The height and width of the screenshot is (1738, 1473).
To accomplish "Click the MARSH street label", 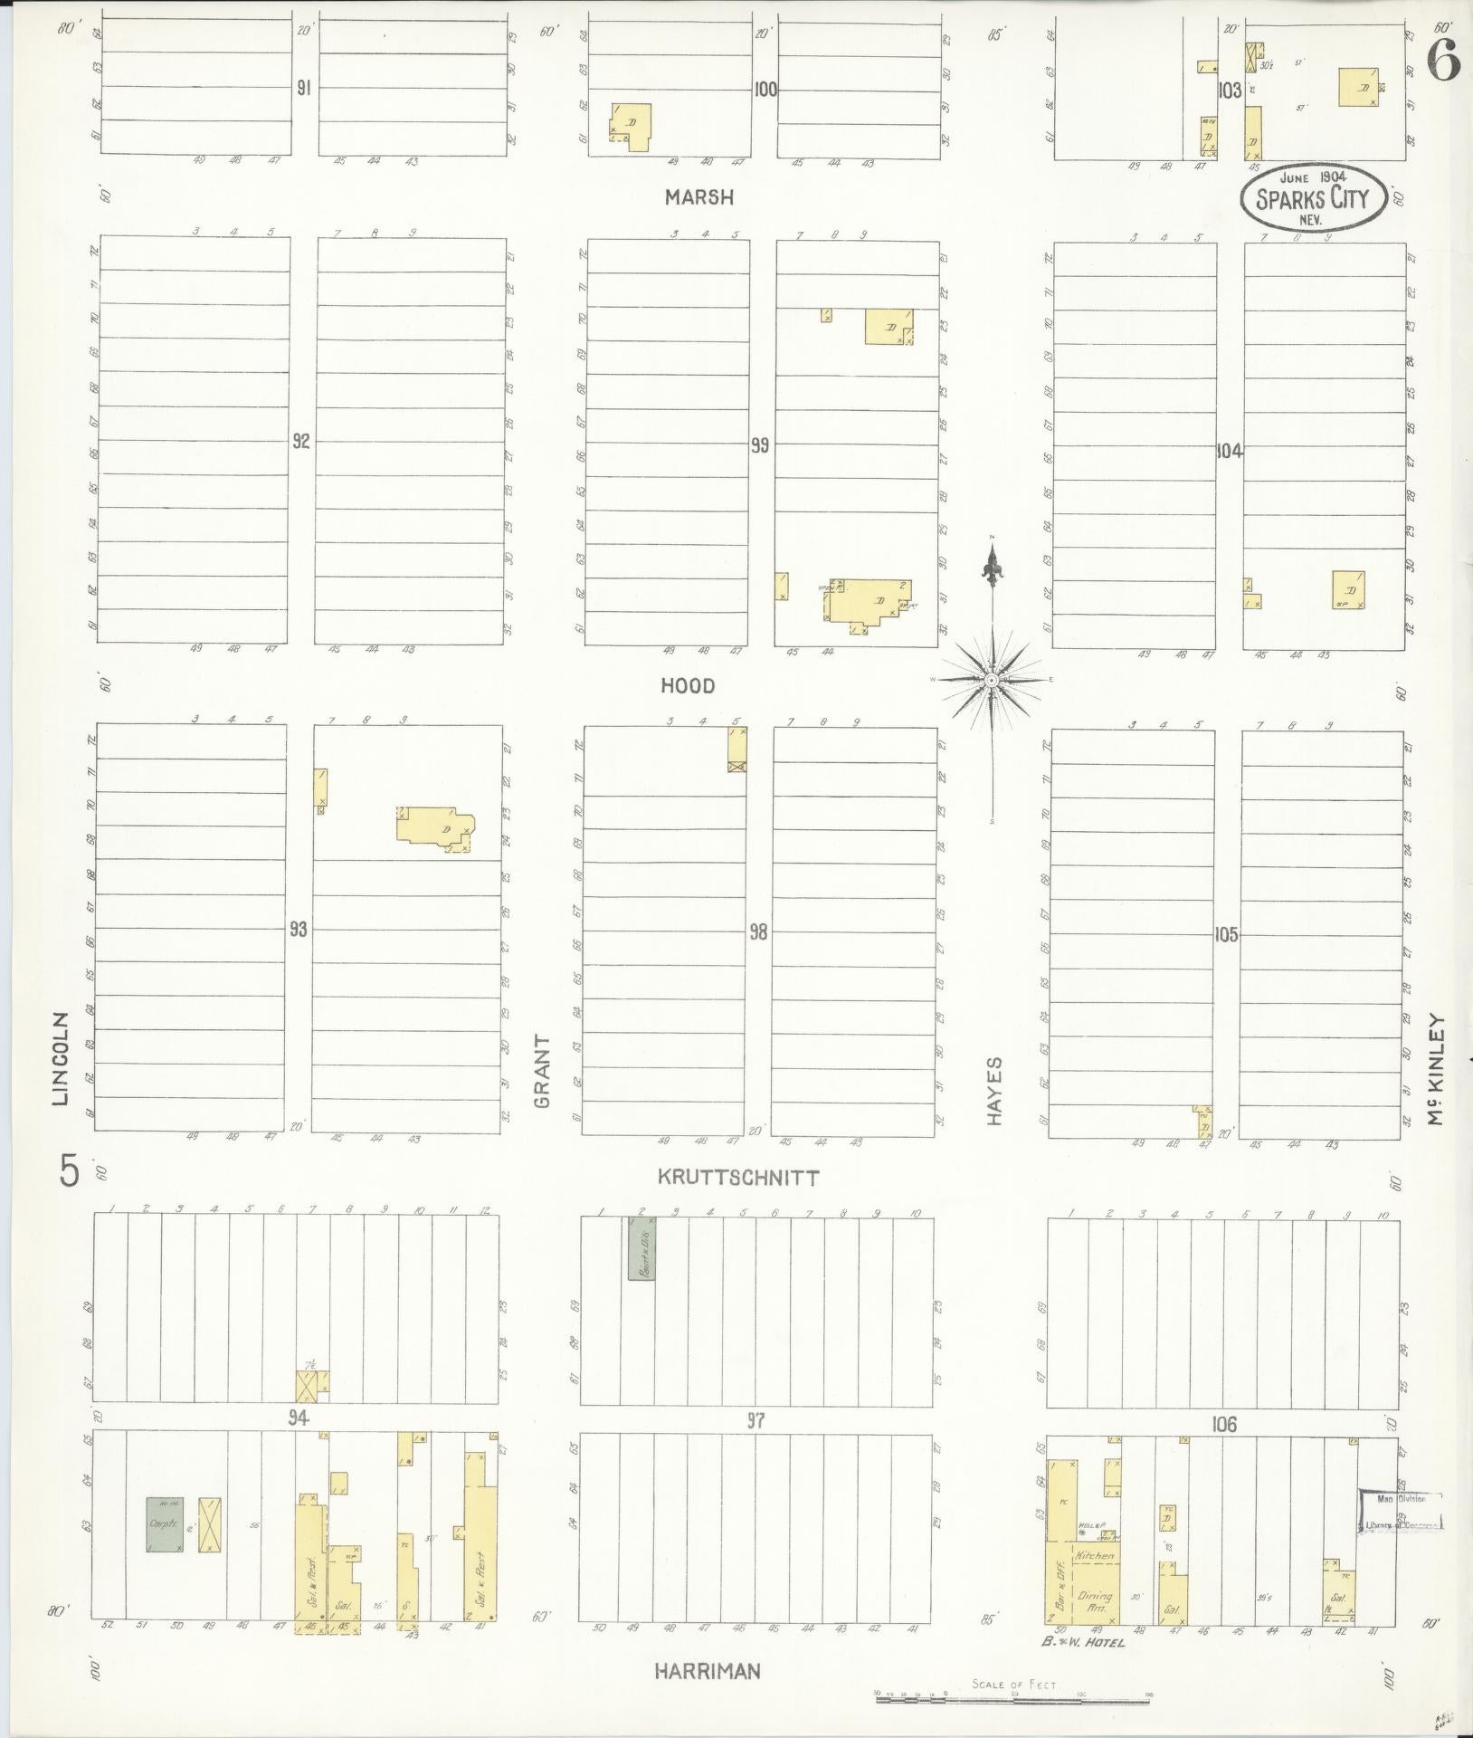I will [x=697, y=197].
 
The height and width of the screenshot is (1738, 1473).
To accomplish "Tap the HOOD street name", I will [x=689, y=686].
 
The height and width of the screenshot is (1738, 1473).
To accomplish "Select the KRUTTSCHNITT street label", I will [x=738, y=1178].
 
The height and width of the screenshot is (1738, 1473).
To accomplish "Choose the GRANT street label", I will [x=542, y=1072].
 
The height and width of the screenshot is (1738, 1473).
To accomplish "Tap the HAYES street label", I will [x=995, y=1091].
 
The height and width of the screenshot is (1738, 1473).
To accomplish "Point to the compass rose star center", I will [x=993, y=679].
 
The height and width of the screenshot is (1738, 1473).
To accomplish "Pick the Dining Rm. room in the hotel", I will [x=1095, y=1602].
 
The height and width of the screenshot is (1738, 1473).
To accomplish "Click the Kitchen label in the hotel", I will [x=1097, y=1555].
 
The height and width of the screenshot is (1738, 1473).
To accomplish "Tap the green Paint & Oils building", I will [x=641, y=1248].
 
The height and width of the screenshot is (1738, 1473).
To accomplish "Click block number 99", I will [x=760, y=445].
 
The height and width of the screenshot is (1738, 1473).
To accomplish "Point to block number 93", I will [x=299, y=930].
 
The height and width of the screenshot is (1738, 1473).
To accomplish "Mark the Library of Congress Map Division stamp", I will [x=1401, y=1511].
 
